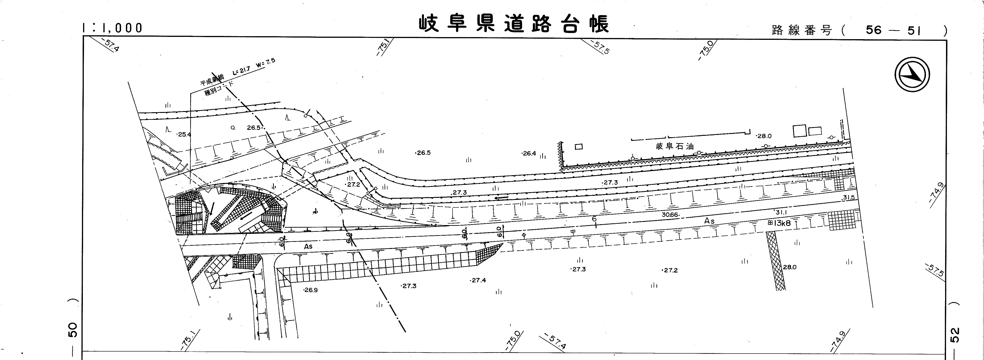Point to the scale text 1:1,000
pyautogui.click(x=112, y=28)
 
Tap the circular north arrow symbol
pyautogui.click(x=912, y=74)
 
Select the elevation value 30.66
pyautogui.click(x=670, y=215)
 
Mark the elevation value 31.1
pyautogui.click(x=781, y=212)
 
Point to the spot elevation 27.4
pyautogui.click(x=478, y=280)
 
